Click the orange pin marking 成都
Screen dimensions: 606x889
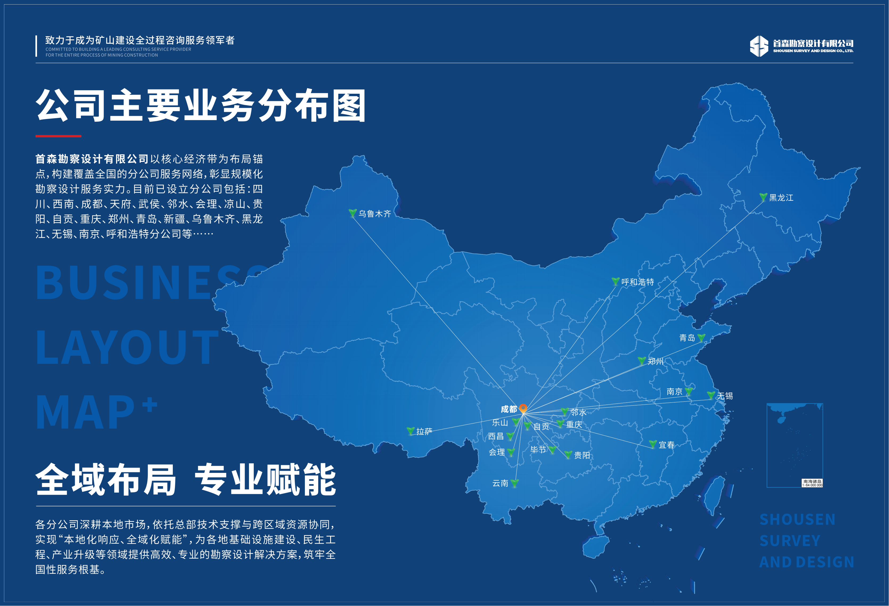[x=523, y=408]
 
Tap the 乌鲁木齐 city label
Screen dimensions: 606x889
[x=375, y=214]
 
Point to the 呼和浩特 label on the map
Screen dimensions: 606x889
[x=637, y=282]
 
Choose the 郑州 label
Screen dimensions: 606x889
[x=655, y=361]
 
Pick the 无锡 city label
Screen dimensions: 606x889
[x=724, y=396]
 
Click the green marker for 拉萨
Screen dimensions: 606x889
[x=411, y=431]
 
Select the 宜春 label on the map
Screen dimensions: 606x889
[x=666, y=445]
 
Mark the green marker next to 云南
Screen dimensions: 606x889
[x=514, y=483]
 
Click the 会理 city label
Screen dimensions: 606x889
[x=497, y=452]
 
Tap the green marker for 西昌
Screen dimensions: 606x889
[x=510, y=436]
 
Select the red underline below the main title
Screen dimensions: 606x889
[x=58, y=136]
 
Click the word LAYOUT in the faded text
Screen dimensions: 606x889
[x=127, y=347]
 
